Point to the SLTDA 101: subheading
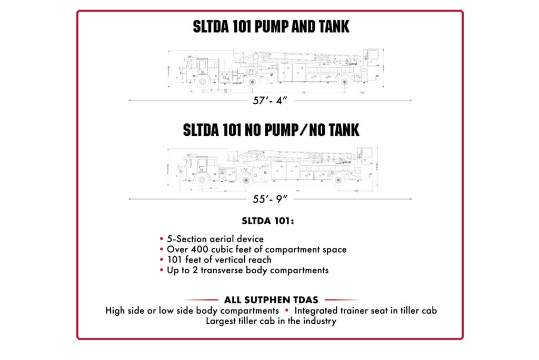click(x=268, y=221)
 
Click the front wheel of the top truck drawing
click(x=202, y=81)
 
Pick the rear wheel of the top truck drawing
click(x=344, y=82)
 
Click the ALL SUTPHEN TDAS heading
click(x=271, y=300)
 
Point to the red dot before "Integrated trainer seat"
click(x=287, y=311)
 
